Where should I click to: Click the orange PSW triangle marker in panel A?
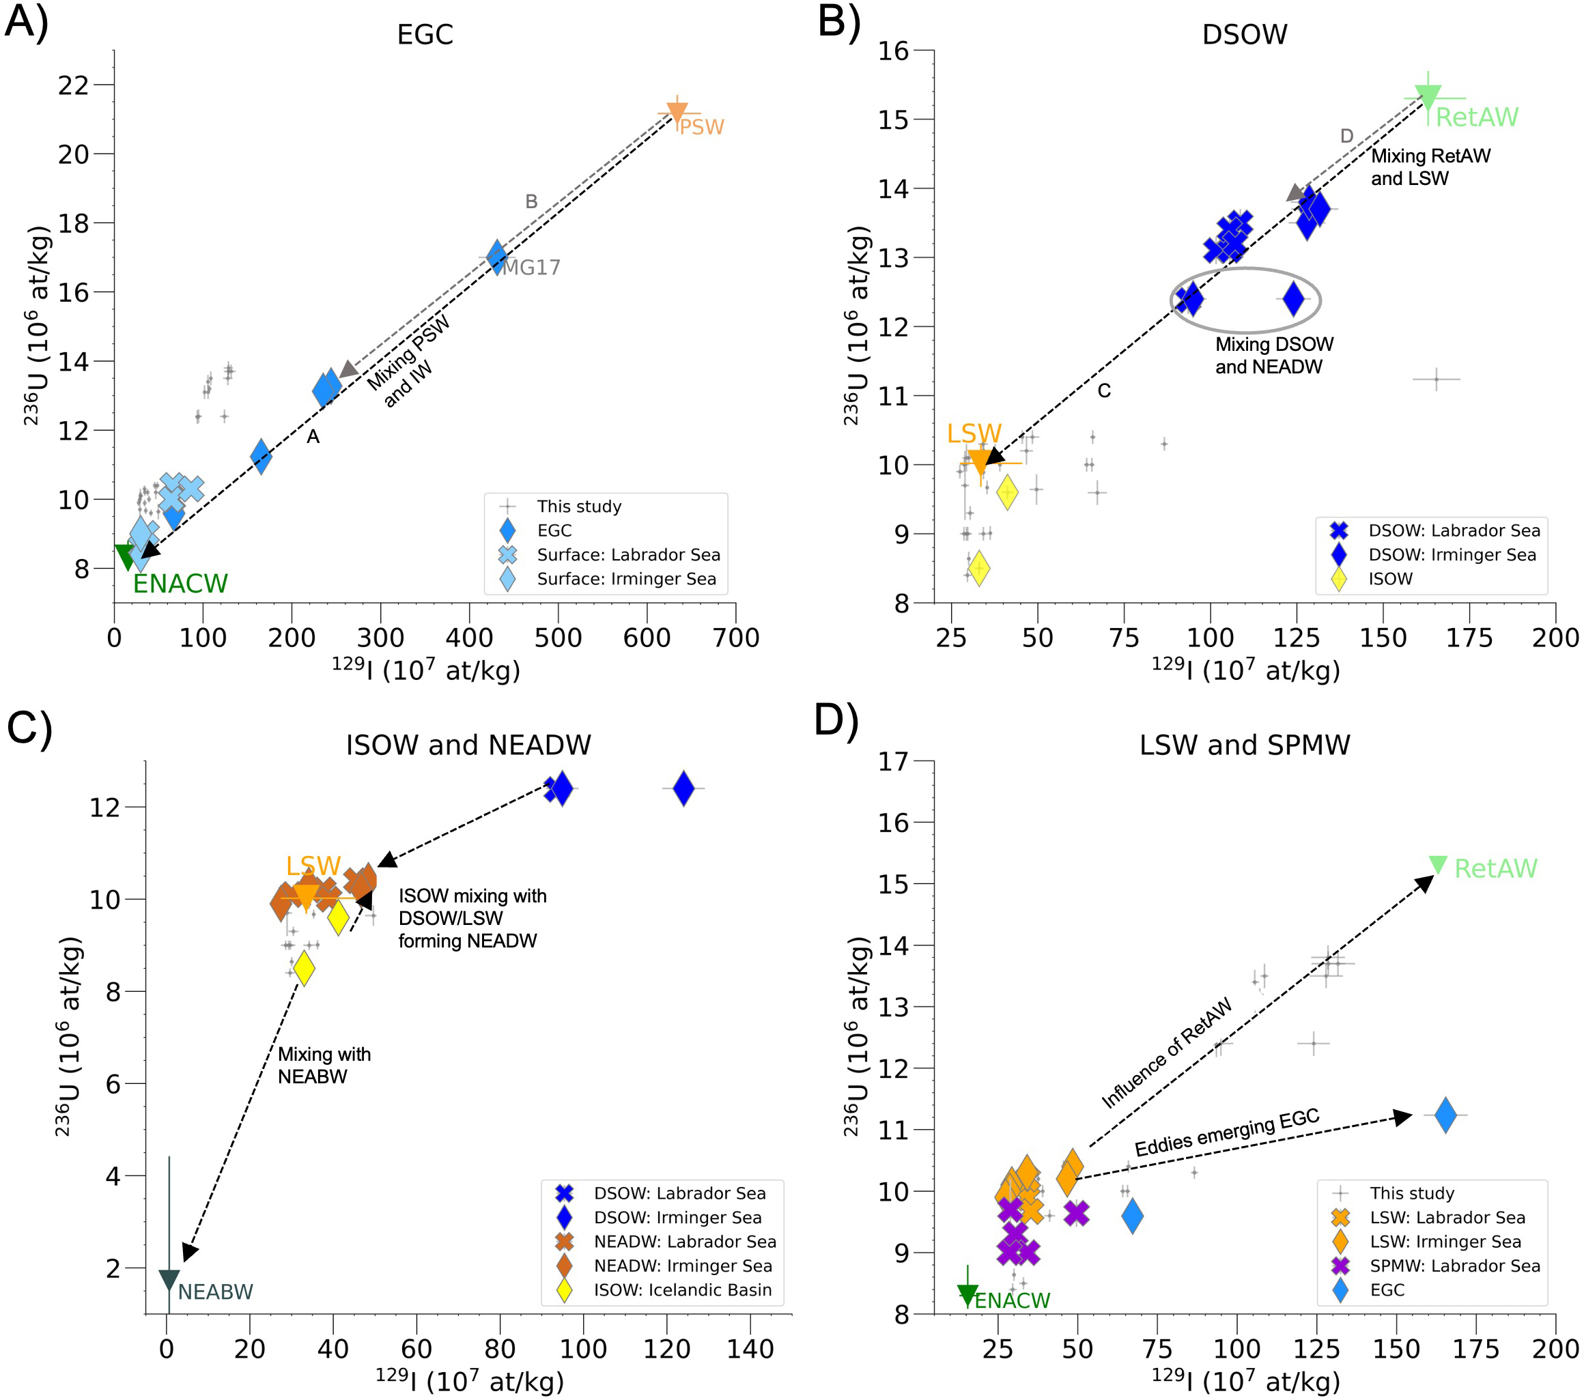[677, 113]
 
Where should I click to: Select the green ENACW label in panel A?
[180, 584]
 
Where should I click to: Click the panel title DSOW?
[1244, 35]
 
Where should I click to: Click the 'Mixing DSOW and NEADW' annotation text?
[1274, 355]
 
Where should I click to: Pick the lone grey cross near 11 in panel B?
[1436, 379]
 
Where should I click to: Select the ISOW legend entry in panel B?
[1389, 579]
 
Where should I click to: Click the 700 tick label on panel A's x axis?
[735, 638]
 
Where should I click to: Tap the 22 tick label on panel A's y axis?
[74, 85]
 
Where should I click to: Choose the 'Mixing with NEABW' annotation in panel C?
[324, 1065]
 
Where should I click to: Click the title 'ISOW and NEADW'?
[468, 745]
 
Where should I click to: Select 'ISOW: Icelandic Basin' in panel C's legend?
[682, 1289]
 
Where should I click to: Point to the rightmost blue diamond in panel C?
[683, 789]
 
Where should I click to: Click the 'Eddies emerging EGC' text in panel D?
[1227, 1132]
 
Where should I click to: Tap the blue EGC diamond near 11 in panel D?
[1445, 1115]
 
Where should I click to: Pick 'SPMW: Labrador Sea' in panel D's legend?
[1454, 1266]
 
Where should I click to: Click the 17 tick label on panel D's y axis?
[894, 762]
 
